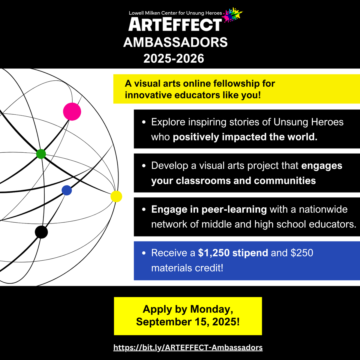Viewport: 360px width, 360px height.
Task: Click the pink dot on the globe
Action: pyautogui.click(x=72, y=112)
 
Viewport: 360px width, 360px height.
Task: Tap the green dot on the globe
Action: pyautogui.click(x=41, y=154)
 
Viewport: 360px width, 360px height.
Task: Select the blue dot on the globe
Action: pyautogui.click(x=67, y=190)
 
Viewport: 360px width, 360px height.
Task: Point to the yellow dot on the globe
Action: pyautogui.click(x=116, y=196)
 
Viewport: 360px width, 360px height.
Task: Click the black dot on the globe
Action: pyautogui.click(x=41, y=232)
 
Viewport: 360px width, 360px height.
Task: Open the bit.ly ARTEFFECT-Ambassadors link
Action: pyautogui.click(x=188, y=347)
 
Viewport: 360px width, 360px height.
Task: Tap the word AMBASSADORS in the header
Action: pyautogui.click(x=175, y=42)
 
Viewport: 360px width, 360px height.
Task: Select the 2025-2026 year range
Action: pyautogui.click(x=174, y=58)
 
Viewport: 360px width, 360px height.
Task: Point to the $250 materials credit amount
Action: pyautogui.click(x=302, y=253)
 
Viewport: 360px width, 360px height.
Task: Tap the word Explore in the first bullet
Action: pyautogui.click(x=168, y=122)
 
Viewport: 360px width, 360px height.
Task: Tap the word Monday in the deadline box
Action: pyautogui.click(x=211, y=309)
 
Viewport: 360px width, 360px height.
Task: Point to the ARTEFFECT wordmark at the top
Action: pyautogui.click(x=175, y=25)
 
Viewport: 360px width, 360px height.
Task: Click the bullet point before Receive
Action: pyautogui.click(x=144, y=253)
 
